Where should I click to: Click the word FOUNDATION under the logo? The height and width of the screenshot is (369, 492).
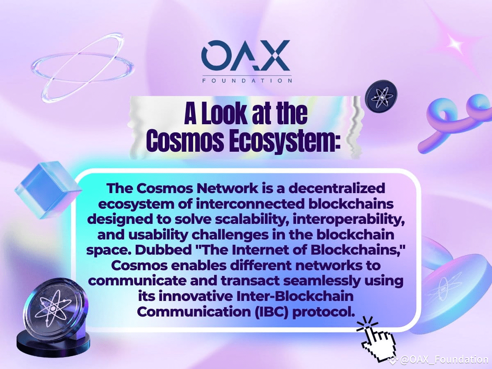click(247, 80)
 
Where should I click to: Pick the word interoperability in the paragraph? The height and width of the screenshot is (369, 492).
click(348, 220)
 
